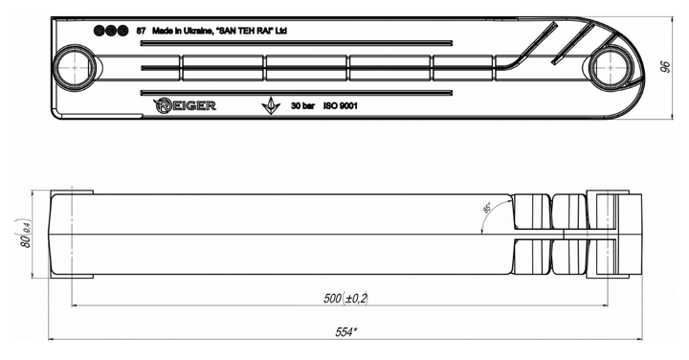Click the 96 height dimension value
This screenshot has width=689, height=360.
pos(666,67)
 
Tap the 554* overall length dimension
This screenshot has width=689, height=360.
pos(345,332)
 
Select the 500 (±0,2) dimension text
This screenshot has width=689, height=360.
pos(345,299)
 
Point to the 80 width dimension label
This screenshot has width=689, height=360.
pos(26,233)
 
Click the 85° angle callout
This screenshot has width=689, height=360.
pos(487,208)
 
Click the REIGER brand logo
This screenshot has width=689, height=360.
pos(185,105)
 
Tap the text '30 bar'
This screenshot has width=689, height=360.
pos(302,106)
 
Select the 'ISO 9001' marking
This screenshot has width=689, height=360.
pos(341,106)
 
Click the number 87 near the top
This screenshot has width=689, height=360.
pos(141,31)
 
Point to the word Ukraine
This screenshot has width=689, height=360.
pos(199,31)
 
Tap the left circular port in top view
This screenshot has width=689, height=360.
pos(74,68)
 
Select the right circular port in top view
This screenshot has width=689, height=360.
pos(611,68)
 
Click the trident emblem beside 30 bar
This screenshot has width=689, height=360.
pos(271,105)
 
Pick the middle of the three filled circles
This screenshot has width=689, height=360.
pos(111,31)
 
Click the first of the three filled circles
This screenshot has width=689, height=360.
pos(100,31)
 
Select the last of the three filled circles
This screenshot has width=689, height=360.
pos(122,31)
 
